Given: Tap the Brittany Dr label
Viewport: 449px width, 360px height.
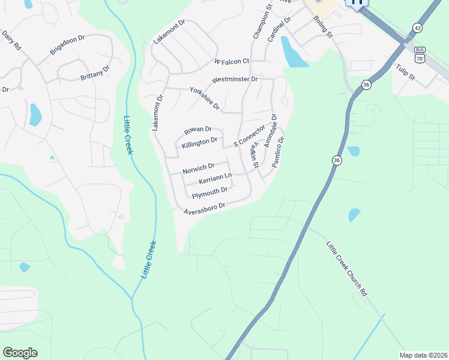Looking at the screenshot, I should click(x=95, y=73).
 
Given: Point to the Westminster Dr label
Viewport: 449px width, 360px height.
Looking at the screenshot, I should click(x=235, y=79).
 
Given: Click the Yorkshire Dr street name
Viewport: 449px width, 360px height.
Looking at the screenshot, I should click(x=205, y=97).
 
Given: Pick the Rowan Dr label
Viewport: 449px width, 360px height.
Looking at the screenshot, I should click(x=198, y=129).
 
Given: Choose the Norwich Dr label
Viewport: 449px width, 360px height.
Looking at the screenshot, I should click(x=198, y=168).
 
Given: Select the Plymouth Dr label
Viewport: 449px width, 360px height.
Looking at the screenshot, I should click(x=209, y=191).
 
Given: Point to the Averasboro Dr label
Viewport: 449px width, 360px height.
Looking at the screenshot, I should click(x=204, y=206).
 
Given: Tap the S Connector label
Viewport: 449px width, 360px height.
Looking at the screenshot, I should click(x=249, y=136).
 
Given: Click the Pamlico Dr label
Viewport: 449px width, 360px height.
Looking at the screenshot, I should click(x=277, y=152).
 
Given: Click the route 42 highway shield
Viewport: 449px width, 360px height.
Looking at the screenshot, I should click(x=417, y=28).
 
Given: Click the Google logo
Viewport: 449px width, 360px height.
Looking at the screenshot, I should click(x=20, y=353).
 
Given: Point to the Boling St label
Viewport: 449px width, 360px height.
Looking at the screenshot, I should click(x=323, y=26).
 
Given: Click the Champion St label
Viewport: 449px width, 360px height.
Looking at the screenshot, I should click(x=262, y=23).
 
